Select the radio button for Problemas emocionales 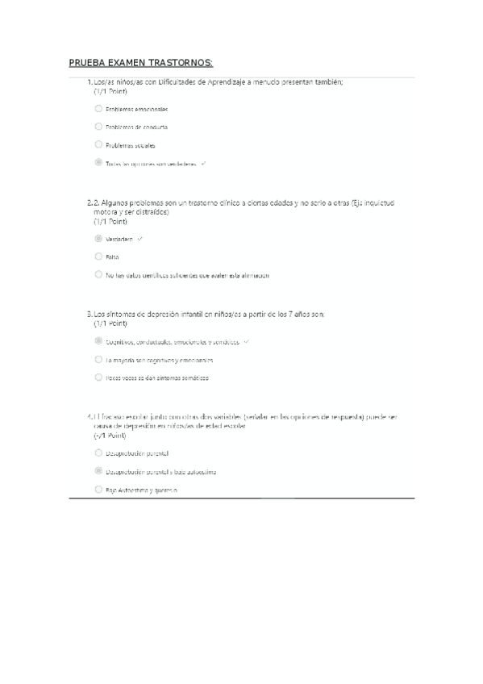pyautogui.click(x=98, y=108)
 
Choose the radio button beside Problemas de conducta pyautogui.click(x=98, y=127)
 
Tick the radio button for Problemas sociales pyautogui.click(x=98, y=145)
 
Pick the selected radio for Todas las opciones pyautogui.click(x=98, y=163)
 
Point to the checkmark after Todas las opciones pyautogui.click(x=204, y=164)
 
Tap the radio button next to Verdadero pyautogui.click(x=98, y=239)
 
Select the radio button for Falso pyautogui.click(x=98, y=256)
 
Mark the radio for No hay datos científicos pyautogui.click(x=98, y=275)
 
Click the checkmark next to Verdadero pyautogui.click(x=140, y=239)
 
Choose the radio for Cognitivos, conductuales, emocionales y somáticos pyautogui.click(x=98, y=341)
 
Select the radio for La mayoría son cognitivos pyautogui.click(x=98, y=360)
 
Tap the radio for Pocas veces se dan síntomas pyautogui.click(x=98, y=377)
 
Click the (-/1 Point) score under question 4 pyautogui.click(x=110, y=434)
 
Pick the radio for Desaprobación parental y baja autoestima pyautogui.click(x=98, y=471)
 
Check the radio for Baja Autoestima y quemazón pyautogui.click(x=98, y=490)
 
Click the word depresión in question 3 pyautogui.click(x=166, y=314)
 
